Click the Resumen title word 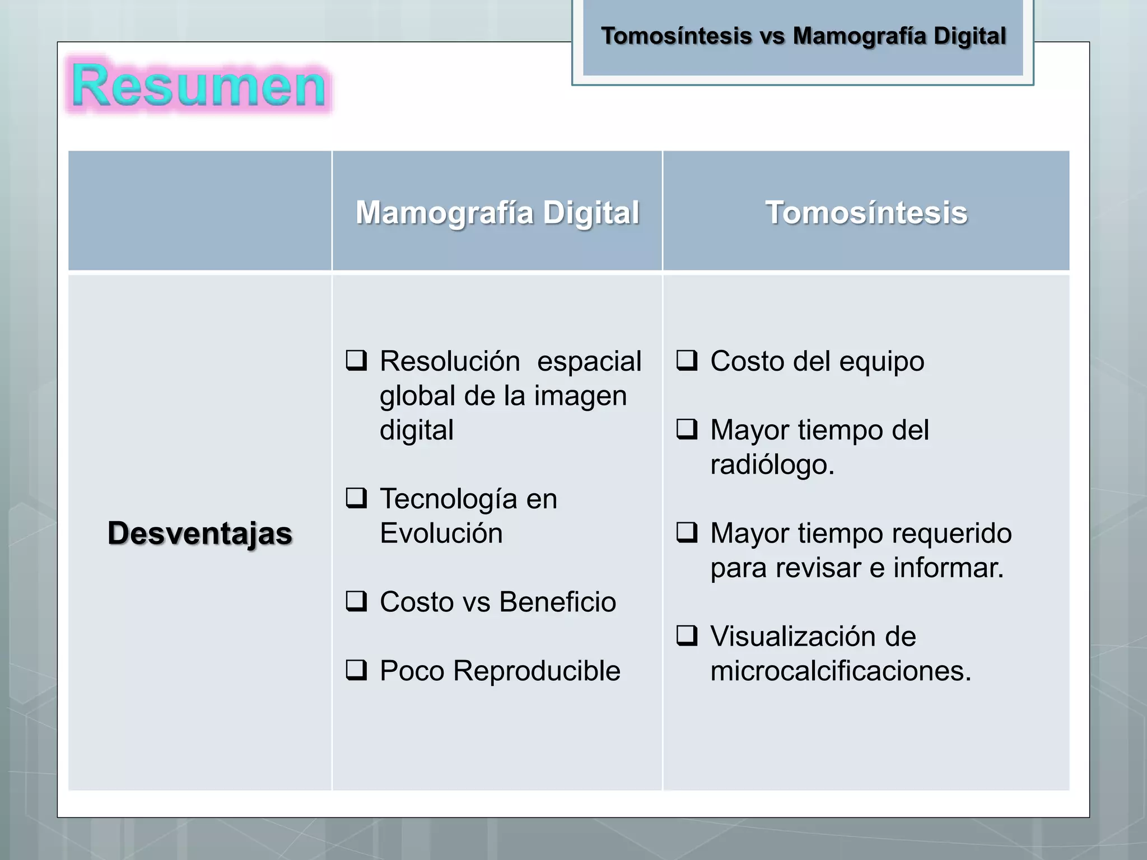[x=199, y=86]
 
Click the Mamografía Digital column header [x=497, y=213]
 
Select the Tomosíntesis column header [x=866, y=213]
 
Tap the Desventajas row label [x=200, y=532]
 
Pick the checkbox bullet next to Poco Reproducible [x=356, y=670]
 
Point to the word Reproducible [x=537, y=671]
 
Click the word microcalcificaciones [x=840, y=671]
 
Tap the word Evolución [x=441, y=533]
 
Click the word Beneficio [x=557, y=602]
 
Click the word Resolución [x=450, y=361]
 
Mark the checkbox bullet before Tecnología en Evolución [x=356, y=498]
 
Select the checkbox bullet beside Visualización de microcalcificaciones [x=687, y=635]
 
